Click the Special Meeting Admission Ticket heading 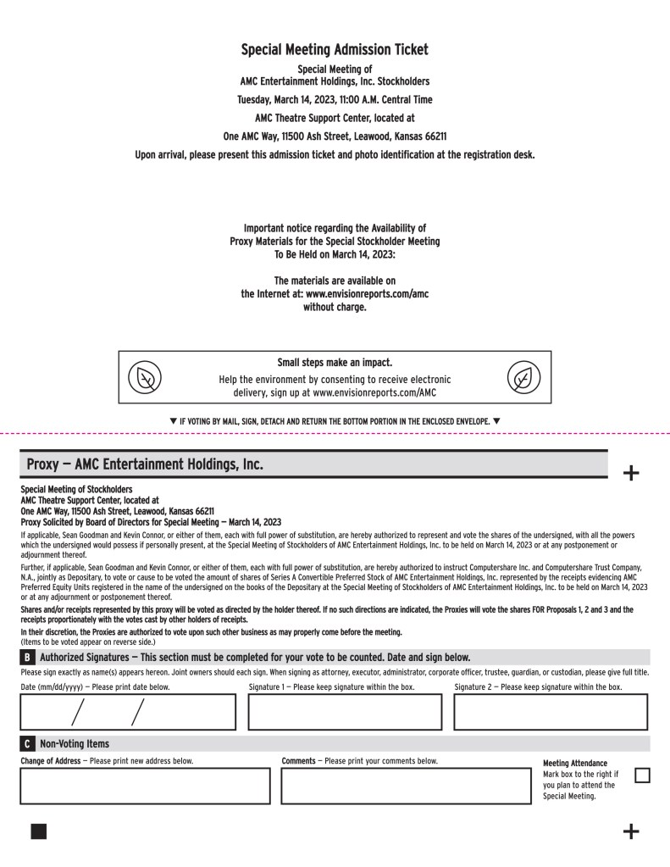coord(335,50)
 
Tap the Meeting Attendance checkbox coord(642,775)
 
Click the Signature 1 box coord(345,712)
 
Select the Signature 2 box coord(551,712)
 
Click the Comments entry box coord(406,786)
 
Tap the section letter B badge coord(27,657)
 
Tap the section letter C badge coord(27,743)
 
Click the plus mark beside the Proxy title coord(631,473)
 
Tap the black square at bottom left coord(39,831)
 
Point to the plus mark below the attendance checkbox coord(631,831)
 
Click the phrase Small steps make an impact coord(335,363)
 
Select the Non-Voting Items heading coord(75,743)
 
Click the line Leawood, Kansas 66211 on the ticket coord(335,136)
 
